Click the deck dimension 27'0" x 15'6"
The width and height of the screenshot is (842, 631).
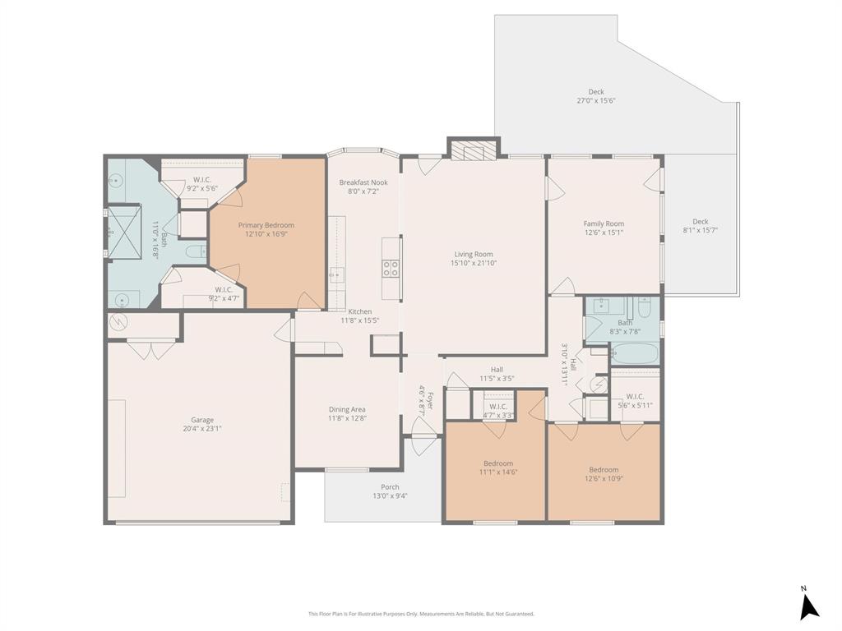click(595, 101)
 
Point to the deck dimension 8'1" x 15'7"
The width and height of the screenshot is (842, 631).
click(700, 230)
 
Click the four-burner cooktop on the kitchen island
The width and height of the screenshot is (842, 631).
click(391, 268)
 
